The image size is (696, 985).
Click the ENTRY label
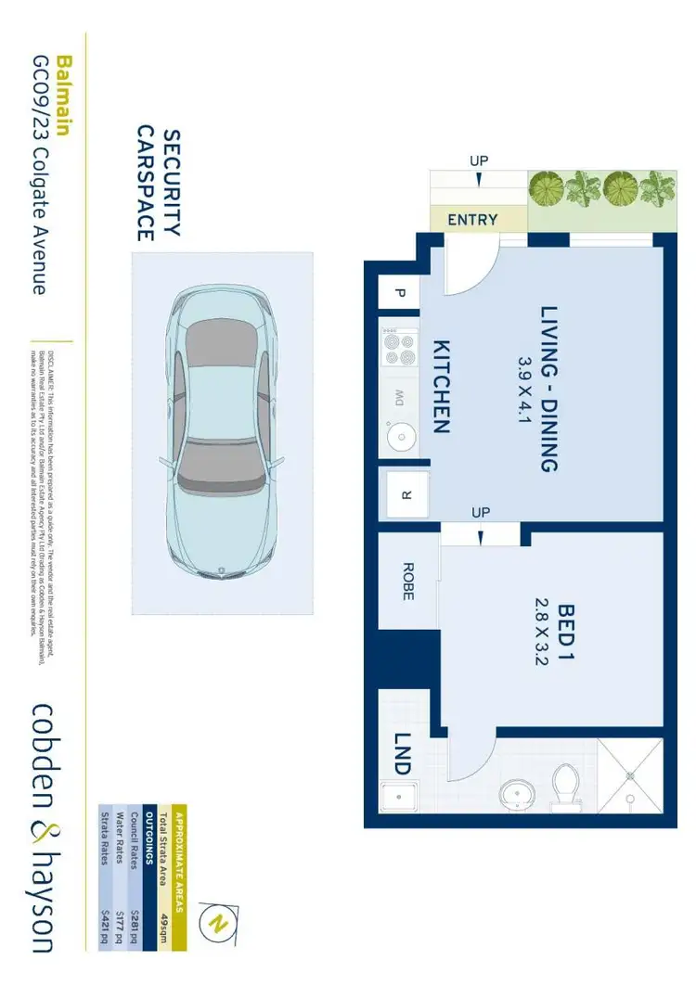(x=472, y=220)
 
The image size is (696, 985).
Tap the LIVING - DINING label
(x=549, y=389)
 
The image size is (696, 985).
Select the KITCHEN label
(x=440, y=387)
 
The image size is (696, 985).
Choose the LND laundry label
(x=402, y=754)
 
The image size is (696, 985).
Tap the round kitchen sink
(x=400, y=435)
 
